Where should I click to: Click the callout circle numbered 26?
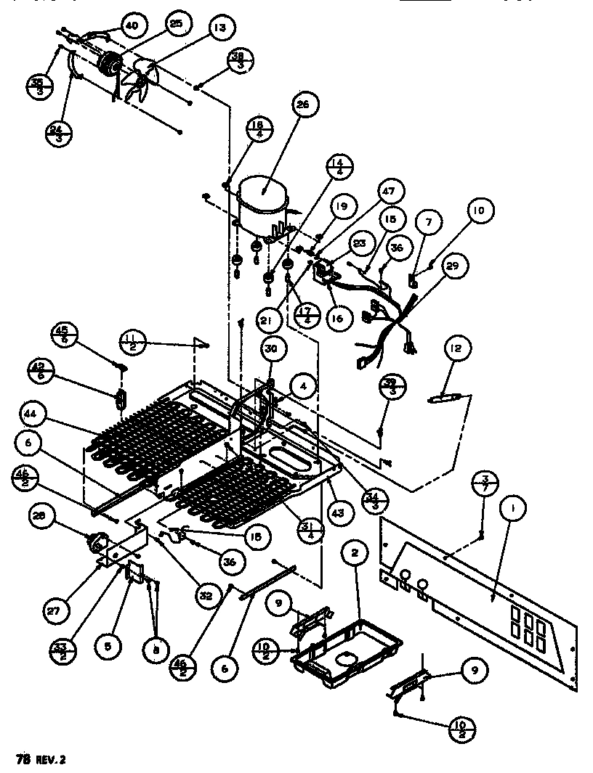pyautogui.click(x=302, y=105)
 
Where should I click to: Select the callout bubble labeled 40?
pyautogui.click(x=131, y=26)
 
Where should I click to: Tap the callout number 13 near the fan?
pyautogui.click(x=218, y=28)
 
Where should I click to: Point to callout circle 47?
pyautogui.click(x=388, y=192)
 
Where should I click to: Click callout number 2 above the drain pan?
pyautogui.click(x=355, y=553)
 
